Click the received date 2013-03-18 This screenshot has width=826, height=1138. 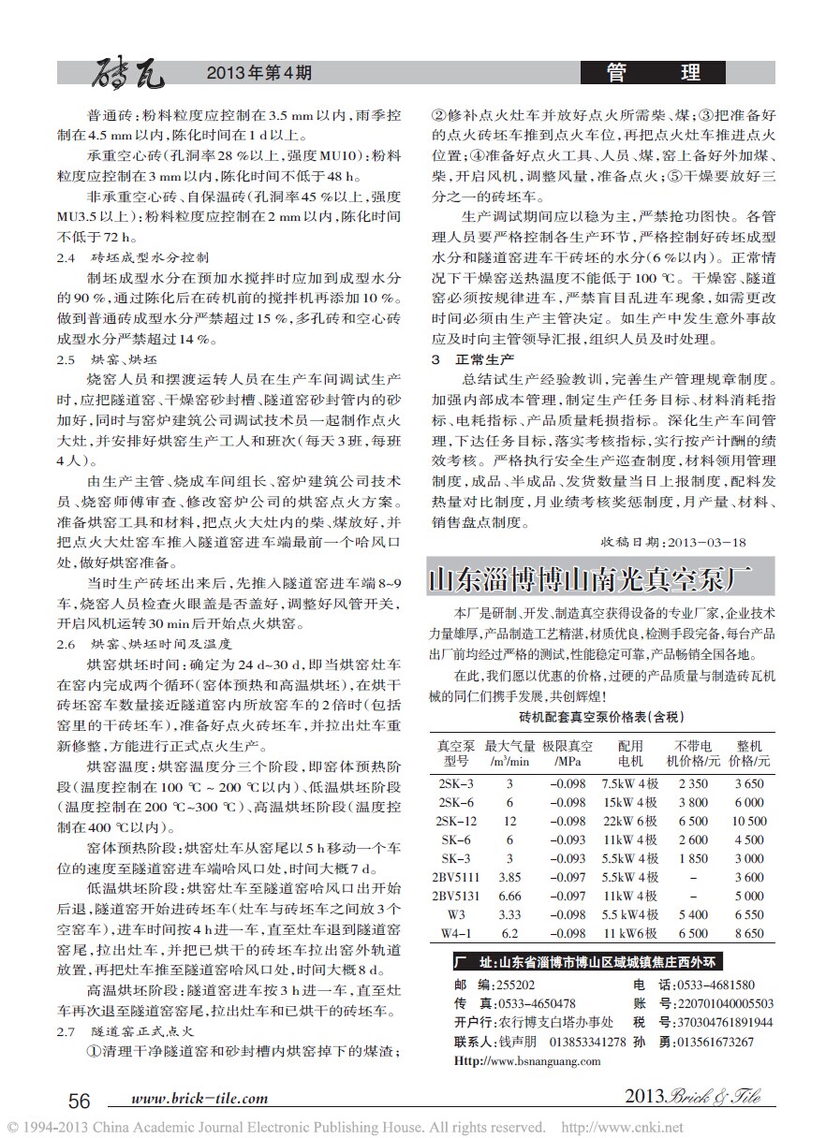coord(701,542)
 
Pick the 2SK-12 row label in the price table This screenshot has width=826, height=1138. coord(457,821)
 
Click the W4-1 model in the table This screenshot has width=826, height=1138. coord(456,933)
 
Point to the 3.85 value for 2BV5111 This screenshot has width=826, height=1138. coord(509,877)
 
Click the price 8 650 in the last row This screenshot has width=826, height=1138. coord(748,933)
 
